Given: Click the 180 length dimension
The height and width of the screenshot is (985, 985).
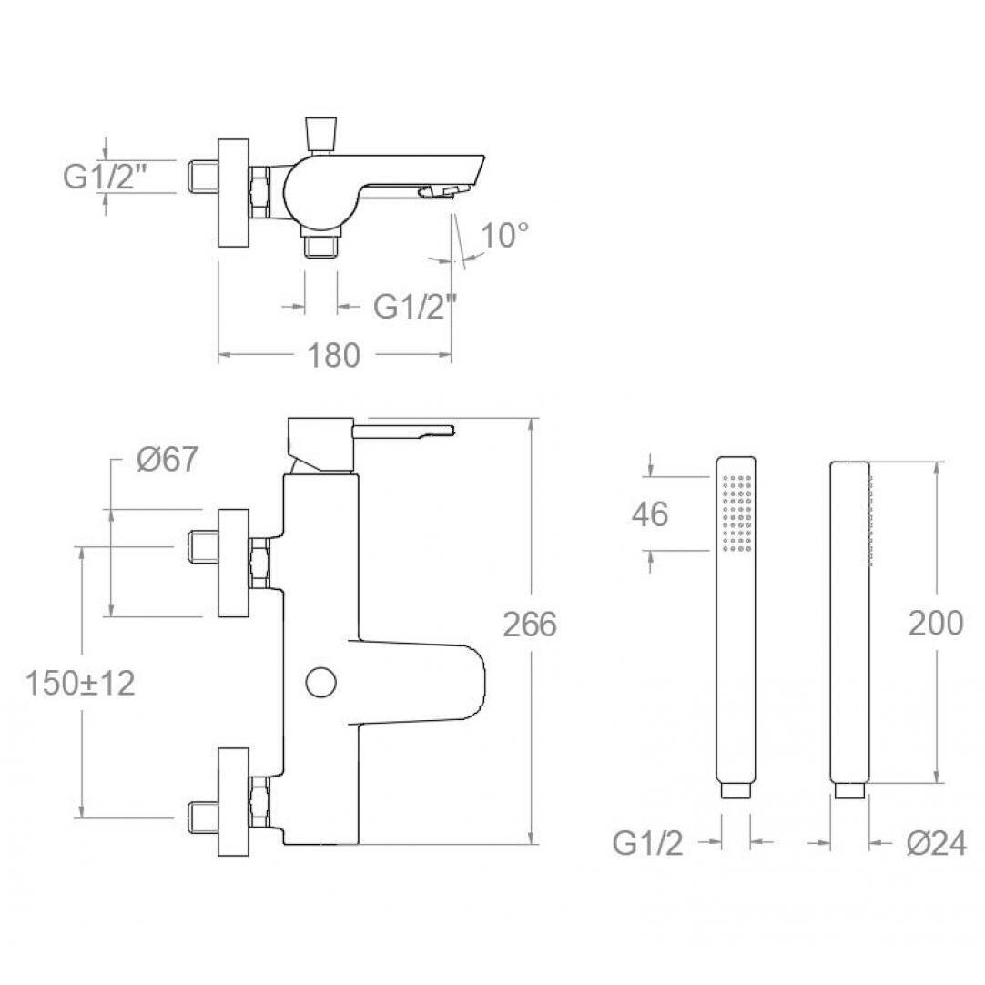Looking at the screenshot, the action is [x=333, y=356].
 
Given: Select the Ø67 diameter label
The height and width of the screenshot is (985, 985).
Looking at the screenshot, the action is [x=168, y=459].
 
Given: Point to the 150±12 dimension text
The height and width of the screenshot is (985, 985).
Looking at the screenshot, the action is [x=80, y=683].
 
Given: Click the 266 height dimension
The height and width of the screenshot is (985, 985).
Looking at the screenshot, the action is [x=530, y=624].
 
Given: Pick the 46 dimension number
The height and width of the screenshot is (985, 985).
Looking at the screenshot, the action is [x=650, y=513].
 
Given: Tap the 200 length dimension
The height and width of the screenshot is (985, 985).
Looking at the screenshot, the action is [x=935, y=624].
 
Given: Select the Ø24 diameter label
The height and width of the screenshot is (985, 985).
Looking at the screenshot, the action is [x=937, y=844].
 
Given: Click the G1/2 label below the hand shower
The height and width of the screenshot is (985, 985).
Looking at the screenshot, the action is [x=647, y=844].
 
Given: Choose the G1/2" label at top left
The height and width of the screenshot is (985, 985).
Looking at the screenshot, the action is [x=105, y=177].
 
